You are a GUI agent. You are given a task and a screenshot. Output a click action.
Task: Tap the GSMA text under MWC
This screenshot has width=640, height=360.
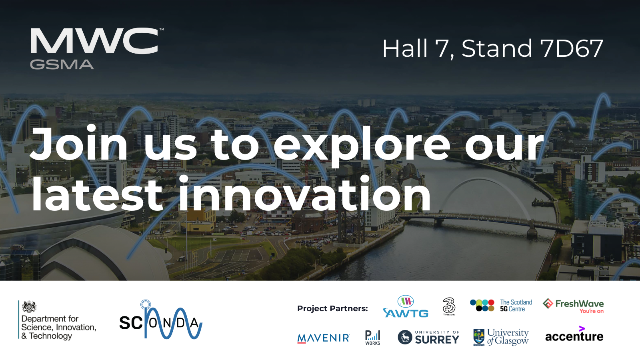pos(62,64)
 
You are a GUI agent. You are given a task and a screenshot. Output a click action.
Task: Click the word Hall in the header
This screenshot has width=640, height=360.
pos(405,49)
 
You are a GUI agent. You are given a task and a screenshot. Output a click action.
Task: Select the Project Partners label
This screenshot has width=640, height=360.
pos(332,308)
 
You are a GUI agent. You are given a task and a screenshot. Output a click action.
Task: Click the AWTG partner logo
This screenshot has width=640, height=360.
pos(406,308)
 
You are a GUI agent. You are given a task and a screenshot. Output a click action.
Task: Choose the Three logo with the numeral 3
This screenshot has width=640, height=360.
pos(449,306)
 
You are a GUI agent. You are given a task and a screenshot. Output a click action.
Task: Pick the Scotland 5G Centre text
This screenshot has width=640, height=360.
pos(516,306)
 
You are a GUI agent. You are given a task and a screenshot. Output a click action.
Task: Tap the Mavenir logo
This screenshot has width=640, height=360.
pos(323,338)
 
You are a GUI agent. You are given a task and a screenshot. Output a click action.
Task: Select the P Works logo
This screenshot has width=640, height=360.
pos(372,337)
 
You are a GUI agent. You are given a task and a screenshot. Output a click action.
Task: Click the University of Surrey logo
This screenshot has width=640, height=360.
pos(428,337)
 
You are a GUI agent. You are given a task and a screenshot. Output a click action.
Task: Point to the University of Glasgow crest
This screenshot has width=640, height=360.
pos(478,337)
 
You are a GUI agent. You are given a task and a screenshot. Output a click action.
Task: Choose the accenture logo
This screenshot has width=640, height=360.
pos(574,336)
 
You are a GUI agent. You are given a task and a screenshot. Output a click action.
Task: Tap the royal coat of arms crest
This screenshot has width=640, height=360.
pos(29,307)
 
